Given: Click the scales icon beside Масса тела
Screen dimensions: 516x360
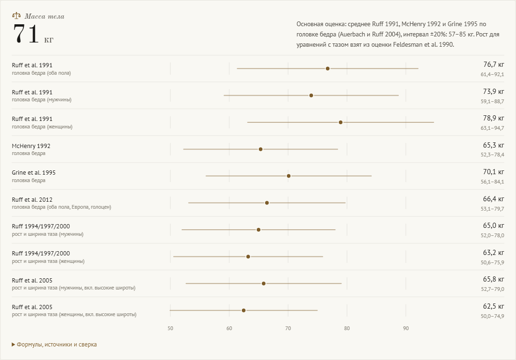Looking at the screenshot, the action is [16, 15].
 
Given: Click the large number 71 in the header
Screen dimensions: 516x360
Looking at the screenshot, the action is [26, 34].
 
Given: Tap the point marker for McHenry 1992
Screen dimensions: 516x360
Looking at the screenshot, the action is [261, 149].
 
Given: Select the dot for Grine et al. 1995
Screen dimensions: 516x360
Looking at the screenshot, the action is [289, 176].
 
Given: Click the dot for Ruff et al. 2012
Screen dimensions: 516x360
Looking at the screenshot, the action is [267, 203].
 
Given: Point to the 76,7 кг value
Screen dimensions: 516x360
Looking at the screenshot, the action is [494, 64].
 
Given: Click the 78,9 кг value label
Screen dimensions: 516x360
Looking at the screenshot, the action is [494, 118].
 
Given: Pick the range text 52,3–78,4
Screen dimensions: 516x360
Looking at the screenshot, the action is [492, 155].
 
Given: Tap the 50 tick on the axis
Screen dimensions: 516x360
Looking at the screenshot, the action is [170, 328].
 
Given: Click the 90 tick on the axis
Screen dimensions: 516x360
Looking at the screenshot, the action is [406, 328].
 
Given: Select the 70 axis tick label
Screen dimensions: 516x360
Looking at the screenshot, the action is [288, 328].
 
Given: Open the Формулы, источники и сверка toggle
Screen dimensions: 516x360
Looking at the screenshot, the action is [54, 345].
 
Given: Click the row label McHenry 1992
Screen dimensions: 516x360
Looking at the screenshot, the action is [31, 146].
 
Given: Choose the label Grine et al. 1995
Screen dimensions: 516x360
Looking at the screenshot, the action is [34, 172].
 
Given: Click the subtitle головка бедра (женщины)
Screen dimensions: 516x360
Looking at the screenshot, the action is [42, 127].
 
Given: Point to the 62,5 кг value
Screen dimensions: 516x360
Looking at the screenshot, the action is [494, 306].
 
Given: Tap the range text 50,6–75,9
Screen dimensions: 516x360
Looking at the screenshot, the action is [492, 262].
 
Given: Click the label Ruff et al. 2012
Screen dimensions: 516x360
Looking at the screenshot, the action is [32, 199].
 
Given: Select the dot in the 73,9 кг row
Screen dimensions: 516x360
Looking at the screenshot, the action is [311, 95].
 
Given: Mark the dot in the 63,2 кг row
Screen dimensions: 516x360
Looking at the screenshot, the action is [248, 257].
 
